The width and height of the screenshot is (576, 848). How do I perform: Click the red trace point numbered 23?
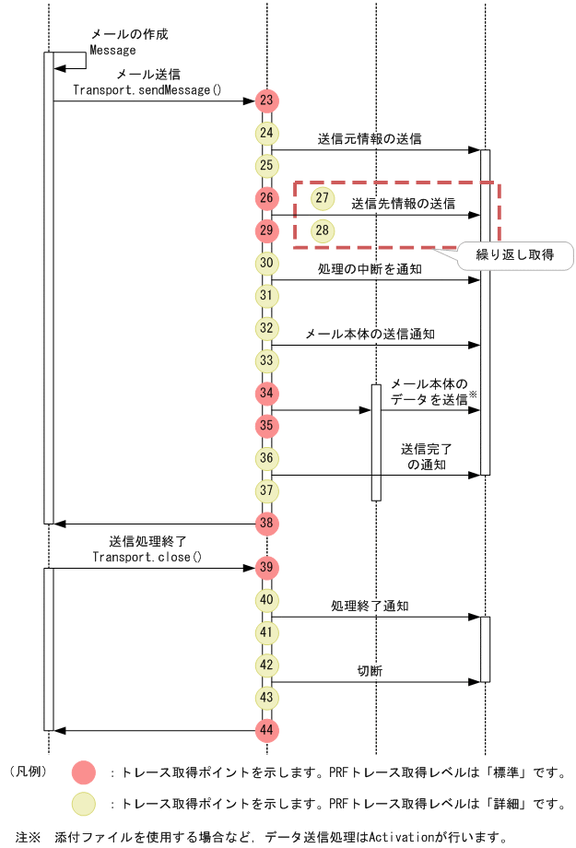tap(266, 100)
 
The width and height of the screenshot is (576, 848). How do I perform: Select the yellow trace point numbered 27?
tap(322, 198)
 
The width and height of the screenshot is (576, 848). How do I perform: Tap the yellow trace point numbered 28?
tap(322, 230)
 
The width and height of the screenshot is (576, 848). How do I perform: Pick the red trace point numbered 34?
tap(266, 394)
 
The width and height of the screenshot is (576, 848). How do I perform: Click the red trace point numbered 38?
tap(266, 524)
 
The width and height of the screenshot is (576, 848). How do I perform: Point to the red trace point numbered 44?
tap(266, 730)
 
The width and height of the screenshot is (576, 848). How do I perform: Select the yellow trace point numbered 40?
tap(266, 600)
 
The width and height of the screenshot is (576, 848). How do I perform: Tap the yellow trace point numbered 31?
tap(266, 296)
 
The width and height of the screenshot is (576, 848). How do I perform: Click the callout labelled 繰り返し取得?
tap(514, 254)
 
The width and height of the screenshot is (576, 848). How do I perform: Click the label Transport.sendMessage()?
tap(147, 89)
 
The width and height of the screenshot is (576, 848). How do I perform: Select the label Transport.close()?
tap(147, 557)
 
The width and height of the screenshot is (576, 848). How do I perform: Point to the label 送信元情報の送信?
tap(370, 139)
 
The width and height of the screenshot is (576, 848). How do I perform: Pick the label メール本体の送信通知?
tap(370, 334)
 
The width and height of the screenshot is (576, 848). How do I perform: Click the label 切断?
tap(370, 671)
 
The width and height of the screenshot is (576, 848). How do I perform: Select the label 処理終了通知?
tap(370, 606)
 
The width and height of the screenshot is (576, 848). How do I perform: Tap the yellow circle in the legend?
tap(84, 804)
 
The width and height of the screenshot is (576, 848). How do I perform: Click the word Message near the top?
tap(112, 50)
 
